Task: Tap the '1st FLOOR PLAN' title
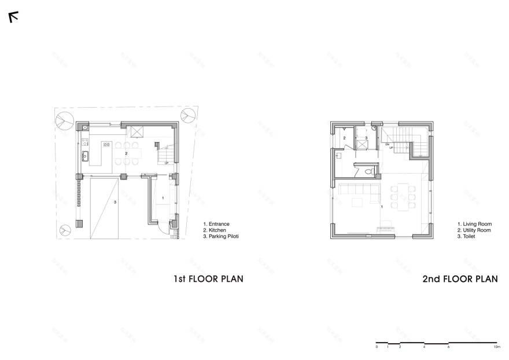(x=208, y=279)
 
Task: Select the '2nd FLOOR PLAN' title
(x=460, y=279)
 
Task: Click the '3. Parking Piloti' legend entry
(x=221, y=237)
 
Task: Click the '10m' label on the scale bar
(x=497, y=347)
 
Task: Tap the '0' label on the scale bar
(x=377, y=347)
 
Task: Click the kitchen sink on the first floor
(x=84, y=155)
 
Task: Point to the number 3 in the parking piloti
(x=115, y=202)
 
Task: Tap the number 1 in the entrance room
(x=163, y=198)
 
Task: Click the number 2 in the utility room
(x=344, y=138)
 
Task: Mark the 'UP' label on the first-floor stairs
(x=167, y=163)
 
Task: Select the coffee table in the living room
(x=356, y=201)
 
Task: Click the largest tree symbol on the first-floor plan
(x=64, y=120)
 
